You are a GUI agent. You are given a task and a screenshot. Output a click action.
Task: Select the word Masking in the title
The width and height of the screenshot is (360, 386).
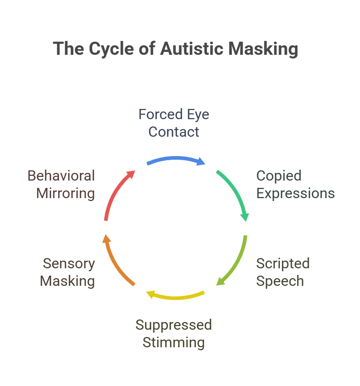tap(263, 49)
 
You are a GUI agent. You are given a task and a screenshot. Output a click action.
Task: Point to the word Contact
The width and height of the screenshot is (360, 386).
tap(174, 132)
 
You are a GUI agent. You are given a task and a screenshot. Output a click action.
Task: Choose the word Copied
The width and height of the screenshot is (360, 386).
tap(279, 176)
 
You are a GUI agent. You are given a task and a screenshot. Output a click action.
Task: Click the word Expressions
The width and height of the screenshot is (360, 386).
tap(295, 193)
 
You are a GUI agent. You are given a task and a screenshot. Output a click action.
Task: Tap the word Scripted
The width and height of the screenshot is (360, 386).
tap(283, 264)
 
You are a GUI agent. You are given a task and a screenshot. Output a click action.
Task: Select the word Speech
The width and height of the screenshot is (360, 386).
tap(280, 281)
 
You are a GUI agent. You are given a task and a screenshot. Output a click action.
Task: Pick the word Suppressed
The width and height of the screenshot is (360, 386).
tap(174, 325)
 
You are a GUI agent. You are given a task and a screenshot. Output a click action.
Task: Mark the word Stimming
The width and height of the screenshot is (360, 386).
tap(174, 343)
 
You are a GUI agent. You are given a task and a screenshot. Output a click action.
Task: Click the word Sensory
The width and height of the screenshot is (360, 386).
tap(69, 264)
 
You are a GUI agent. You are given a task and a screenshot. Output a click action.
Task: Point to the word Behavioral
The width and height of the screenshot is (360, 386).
tap(61, 176)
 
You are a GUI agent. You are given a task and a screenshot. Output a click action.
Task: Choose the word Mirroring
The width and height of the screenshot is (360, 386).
tap(65, 193)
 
